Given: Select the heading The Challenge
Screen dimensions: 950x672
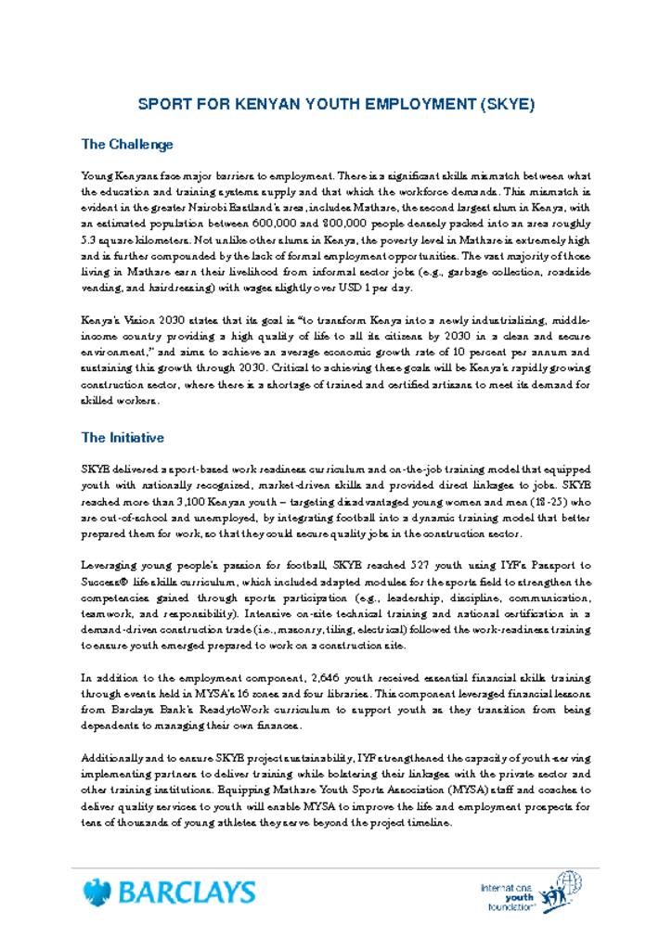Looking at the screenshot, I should click(x=127, y=145).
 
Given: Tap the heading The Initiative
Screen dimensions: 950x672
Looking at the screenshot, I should click(x=123, y=438).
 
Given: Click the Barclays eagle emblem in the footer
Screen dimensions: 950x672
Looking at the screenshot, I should click(x=96, y=892).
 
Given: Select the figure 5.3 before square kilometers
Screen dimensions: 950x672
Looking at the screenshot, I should click(x=92, y=239).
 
